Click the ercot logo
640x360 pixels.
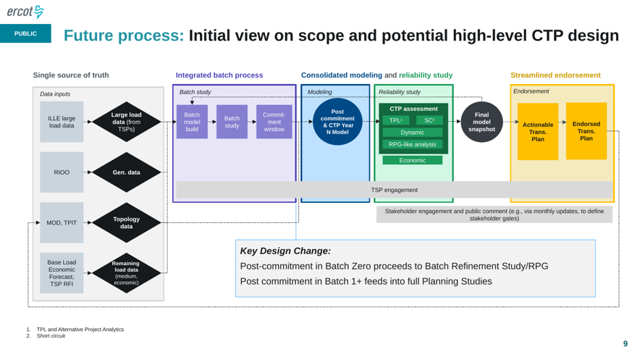click(25, 12)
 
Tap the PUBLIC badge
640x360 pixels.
click(26, 33)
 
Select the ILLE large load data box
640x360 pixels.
click(62, 122)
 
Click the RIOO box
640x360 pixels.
click(62, 172)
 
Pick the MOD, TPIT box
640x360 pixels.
click(62, 223)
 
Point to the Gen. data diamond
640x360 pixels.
click(127, 172)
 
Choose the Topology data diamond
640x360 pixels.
click(127, 222)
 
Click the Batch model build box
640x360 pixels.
click(192, 122)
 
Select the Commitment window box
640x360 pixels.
click(274, 122)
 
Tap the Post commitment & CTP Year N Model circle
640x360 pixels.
click(337, 122)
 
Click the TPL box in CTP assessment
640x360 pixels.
click(396, 120)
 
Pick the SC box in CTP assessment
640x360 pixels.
click(429, 120)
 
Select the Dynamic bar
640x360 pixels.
click(413, 133)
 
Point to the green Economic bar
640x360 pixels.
click(413, 160)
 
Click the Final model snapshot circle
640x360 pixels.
click(481, 122)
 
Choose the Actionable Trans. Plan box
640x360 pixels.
click(538, 131)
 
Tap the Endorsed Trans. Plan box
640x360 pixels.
click(586, 131)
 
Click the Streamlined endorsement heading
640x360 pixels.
click(555, 75)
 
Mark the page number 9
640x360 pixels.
click(626, 343)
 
